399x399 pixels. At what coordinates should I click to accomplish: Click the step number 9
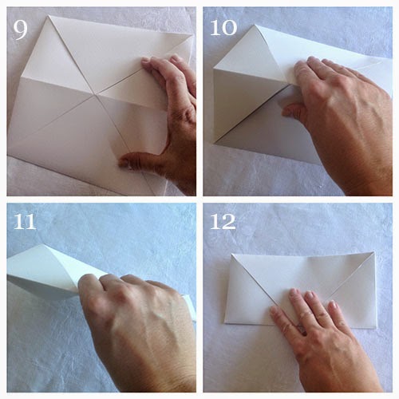click(x=20, y=30)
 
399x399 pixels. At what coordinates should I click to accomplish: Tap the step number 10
click(x=223, y=28)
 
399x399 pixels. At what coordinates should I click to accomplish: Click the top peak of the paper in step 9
click(x=49, y=17)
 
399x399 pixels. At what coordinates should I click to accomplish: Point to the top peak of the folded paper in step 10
click(x=255, y=26)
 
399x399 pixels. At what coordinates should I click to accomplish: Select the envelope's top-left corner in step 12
click(x=232, y=255)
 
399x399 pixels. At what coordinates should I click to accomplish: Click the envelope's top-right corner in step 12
click(x=373, y=253)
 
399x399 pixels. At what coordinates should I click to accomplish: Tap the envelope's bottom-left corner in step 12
click(x=226, y=322)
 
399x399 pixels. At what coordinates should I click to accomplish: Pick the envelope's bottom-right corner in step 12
click(x=376, y=327)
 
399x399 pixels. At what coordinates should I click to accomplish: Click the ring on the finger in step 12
click(x=302, y=330)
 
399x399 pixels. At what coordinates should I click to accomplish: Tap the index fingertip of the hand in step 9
click(x=146, y=61)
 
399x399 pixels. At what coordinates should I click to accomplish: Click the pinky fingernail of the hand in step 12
click(x=333, y=305)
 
